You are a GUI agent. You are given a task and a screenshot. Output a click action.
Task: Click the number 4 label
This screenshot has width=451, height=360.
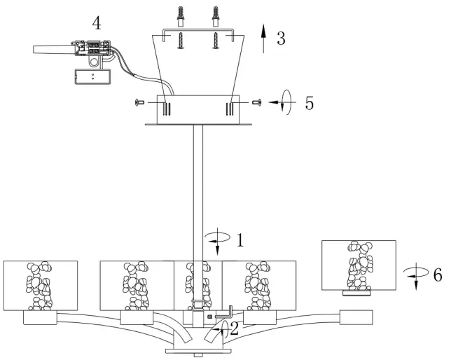tap(96, 22)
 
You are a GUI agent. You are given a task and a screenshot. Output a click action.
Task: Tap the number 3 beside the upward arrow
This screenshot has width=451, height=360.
tap(281, 38)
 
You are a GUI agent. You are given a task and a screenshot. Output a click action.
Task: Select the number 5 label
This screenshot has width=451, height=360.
tap(309, 104)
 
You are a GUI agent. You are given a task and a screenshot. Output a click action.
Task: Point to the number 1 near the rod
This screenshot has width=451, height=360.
tap(239, 240)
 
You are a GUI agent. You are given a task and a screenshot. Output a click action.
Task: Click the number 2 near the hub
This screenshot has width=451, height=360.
tap(235, 327)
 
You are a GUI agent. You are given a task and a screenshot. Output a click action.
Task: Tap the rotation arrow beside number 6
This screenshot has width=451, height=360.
tap(413, 275)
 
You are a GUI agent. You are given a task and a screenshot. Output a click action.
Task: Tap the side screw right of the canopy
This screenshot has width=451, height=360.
tap(256, 103)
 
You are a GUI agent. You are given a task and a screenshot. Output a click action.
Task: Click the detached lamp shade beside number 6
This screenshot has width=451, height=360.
tap(358, 265)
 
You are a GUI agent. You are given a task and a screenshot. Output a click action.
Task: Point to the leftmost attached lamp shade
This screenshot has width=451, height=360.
tap(40, 286)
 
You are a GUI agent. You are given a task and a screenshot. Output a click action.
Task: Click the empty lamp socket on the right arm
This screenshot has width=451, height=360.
tap(354, 318)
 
